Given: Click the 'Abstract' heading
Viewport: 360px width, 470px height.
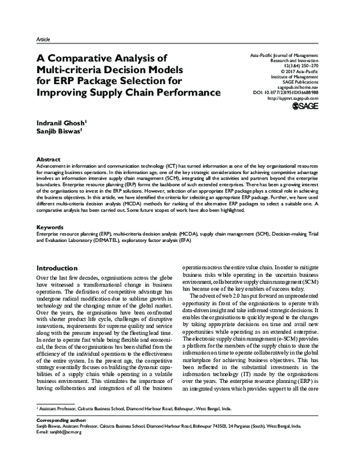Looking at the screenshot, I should tap(49, 158).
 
